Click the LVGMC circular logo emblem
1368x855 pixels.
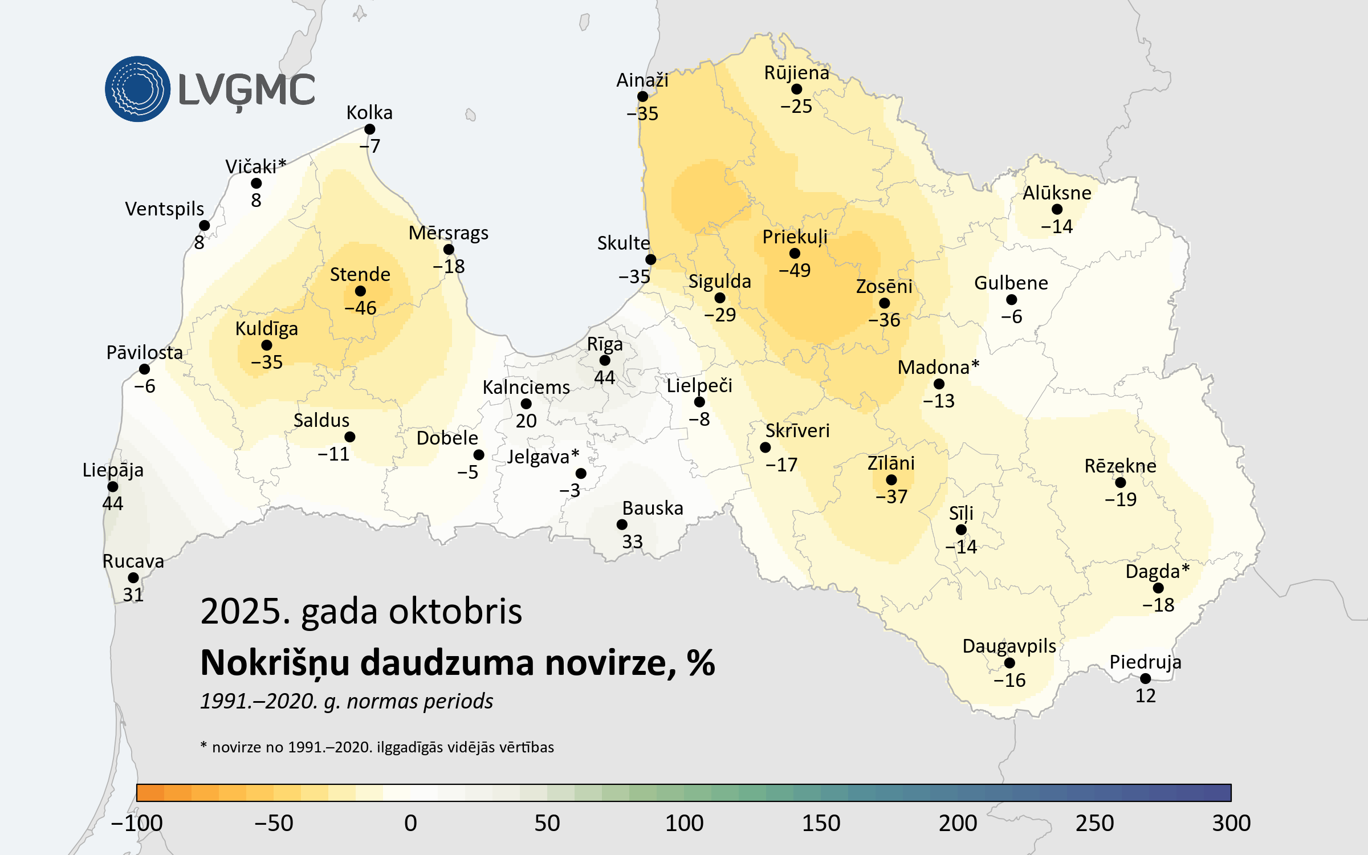point(137,89)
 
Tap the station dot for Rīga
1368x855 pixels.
point(605,360)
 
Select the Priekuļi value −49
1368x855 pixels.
point(795,270)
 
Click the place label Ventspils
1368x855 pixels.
point(164,209)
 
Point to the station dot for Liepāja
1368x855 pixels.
point(113,487)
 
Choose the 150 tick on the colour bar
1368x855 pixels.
point(821,823)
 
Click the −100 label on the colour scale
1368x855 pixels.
point(137,823)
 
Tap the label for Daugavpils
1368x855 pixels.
point(1009,646)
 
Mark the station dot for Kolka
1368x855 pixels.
point(369,129)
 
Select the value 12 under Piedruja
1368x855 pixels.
point(1145,696)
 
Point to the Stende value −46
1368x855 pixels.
point(360,308)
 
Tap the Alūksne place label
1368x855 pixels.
point(1057,193)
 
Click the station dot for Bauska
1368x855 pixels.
point(622,524)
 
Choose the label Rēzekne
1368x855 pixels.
point(1120,466)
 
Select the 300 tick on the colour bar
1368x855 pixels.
point(1231,823)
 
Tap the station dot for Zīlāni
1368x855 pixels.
point(891,480)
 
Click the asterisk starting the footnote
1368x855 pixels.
point(203,745)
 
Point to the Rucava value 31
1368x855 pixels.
point(133,595)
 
